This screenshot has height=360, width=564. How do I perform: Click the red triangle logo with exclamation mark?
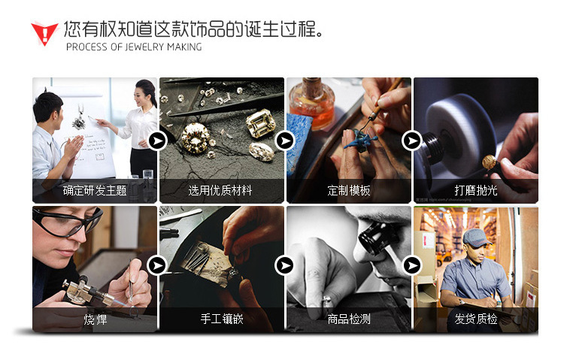point(44,34)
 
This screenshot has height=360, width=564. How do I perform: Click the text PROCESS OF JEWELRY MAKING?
point(134,47)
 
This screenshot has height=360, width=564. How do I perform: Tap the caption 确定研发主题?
point(95,190)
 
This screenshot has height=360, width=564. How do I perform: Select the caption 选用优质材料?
point(220,190)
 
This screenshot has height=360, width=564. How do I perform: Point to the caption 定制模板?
point(348,190)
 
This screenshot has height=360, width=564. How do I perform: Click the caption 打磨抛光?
point(475,190)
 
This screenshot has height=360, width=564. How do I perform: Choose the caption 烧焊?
point(95,319)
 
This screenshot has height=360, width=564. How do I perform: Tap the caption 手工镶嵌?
point(222,319)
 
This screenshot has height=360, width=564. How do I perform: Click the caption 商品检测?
point(348,319)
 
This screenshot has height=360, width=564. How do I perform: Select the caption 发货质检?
point(475,319)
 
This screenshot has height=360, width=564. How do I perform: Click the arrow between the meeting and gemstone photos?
point(158,141)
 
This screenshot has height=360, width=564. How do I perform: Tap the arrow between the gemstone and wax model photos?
point(285,141)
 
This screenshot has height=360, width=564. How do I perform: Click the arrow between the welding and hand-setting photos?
point(157,266)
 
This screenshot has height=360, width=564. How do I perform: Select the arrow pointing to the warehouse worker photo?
point(412,266)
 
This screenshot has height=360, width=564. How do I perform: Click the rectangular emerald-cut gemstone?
point(261,123)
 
